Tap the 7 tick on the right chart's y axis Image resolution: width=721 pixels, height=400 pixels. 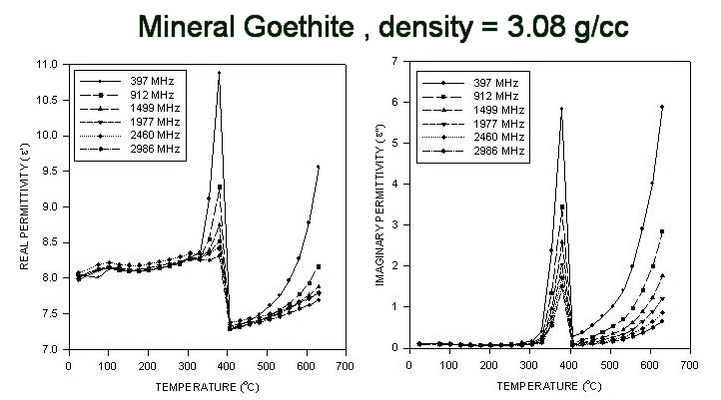396,63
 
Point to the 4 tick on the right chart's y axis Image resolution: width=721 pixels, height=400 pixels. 396,186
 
